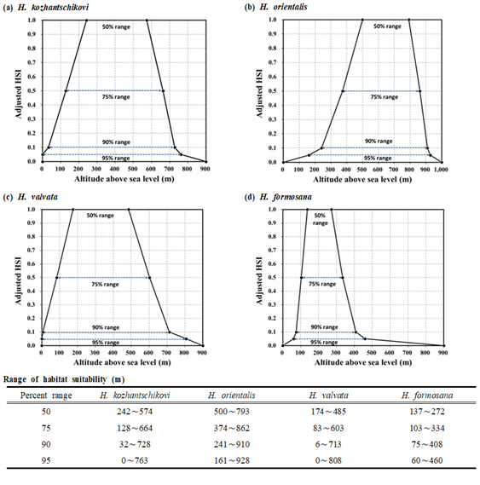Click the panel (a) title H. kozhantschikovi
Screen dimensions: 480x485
(54, 7)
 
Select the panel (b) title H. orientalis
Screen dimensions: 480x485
(284, 7)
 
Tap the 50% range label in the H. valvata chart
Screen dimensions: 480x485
(101, 216)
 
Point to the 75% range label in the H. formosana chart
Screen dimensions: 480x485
(322, 284)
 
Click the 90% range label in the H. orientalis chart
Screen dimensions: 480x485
(379, 141)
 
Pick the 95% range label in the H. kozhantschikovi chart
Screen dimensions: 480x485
(116, 159)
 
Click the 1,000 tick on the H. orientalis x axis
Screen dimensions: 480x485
(441, 170)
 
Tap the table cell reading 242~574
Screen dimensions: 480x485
(135, 412)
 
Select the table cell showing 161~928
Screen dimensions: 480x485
(232, 460)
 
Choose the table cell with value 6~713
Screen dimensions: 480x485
(328, 444)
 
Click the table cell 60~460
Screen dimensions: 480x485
(427, 460)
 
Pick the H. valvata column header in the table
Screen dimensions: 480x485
(328, 396)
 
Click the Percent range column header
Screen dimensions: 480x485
(46, 396)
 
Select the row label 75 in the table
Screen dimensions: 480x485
(46, 428)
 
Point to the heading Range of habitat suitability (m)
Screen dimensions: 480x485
(64, 379)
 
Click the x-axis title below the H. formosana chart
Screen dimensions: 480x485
(363, 362)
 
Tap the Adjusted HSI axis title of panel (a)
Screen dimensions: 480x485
(19, 94)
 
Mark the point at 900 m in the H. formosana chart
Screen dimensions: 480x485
(443, 345)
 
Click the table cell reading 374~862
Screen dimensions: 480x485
(232, 428)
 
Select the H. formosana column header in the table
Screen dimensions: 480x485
(427, 396)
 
